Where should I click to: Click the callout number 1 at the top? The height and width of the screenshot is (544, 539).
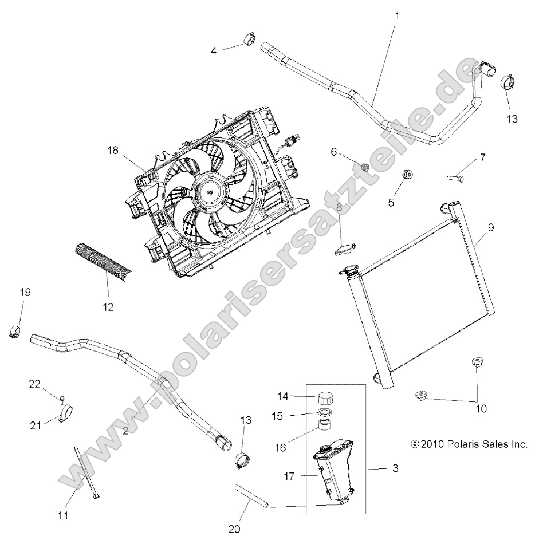[397, 15]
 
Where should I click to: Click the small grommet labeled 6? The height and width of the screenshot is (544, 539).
[364, 167]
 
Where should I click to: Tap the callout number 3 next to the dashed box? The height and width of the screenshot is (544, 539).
[395, 469]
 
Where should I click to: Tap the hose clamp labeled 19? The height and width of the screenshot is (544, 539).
[16, 330]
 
